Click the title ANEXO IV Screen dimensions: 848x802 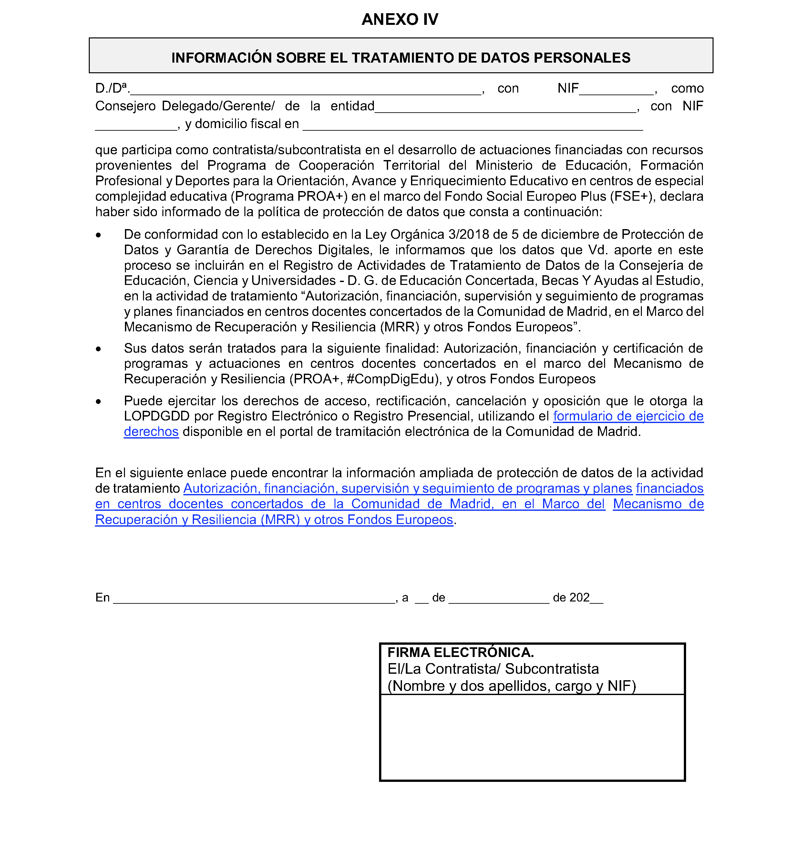[400, 20]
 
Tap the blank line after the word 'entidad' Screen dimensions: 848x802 [505, 108]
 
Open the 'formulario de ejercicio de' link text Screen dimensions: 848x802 [628, 417]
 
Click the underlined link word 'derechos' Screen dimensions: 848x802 [151, 432]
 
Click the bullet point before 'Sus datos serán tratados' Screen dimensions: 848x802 [99, 349]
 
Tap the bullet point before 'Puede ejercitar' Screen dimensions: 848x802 [99, 401]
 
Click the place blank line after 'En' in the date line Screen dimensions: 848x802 [254, 599]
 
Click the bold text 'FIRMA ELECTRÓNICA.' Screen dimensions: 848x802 [460, 652]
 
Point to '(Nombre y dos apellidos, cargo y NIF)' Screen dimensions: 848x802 [512, 686]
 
